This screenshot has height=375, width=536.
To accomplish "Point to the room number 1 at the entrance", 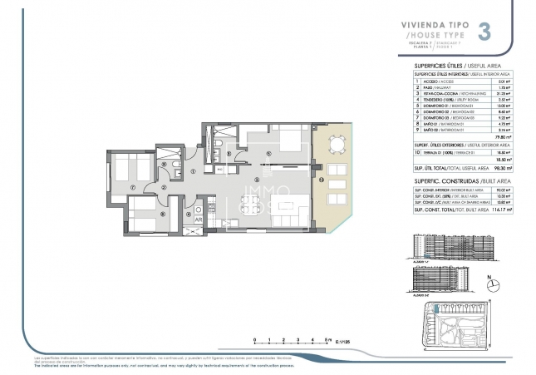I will coord(193,172).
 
